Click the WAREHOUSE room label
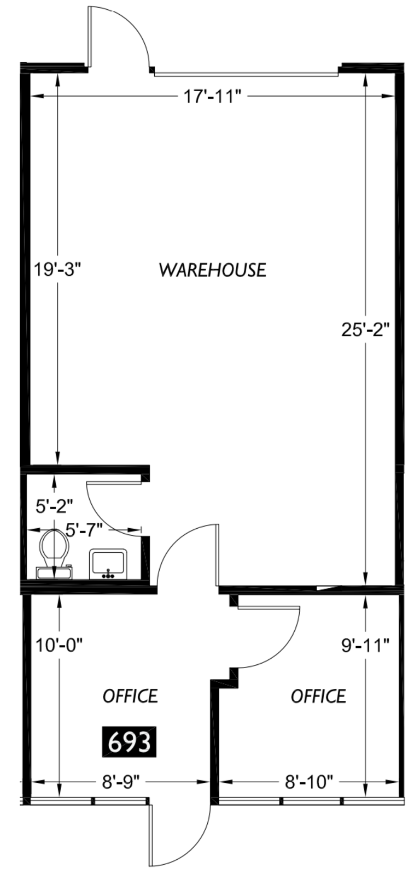tap(213, 270)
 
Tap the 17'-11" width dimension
tap(211, 96)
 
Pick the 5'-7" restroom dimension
tap(84, 530)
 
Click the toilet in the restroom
tap(54, 554)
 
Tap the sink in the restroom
tap(108, 564)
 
